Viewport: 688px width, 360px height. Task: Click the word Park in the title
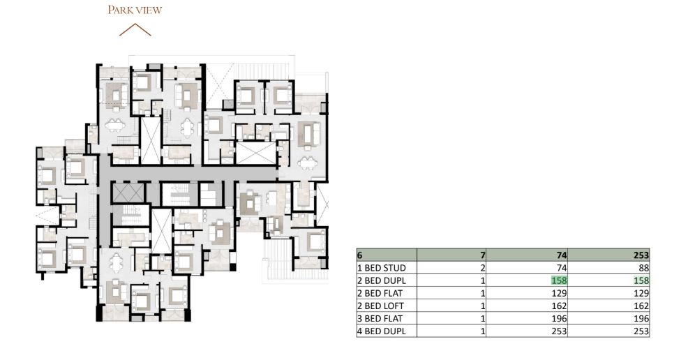[x=121, y=10]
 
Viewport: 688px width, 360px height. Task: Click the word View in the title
[x=149, y=10]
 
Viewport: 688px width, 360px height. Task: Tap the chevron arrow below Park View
[x=135, y=30]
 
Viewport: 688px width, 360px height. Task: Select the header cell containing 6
[x=387, y=255]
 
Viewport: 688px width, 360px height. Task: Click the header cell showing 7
[x=451, y=255]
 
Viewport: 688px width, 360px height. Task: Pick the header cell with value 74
[x=527, y=255]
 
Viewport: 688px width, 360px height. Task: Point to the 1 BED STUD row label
[x=381, y=268]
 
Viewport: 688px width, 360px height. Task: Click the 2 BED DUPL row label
[x=381, y=280]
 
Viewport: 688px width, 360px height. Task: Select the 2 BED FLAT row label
[x=380, y=293]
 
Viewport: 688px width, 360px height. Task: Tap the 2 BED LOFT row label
[x=380, y=306]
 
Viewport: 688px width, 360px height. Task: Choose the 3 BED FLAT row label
[x=380, y=319]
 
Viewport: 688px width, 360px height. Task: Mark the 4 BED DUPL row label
[x=381, y=331]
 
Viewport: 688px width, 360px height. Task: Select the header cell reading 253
[x=608, y=255]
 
